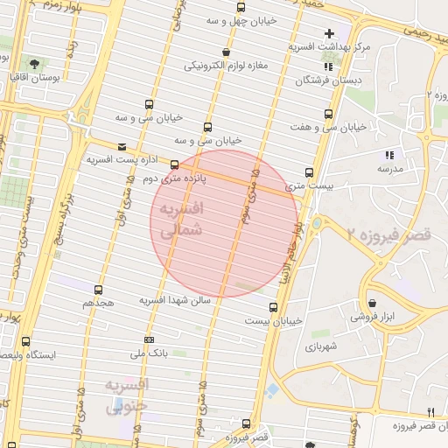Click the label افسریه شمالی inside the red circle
point(184,220)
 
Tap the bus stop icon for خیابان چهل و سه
point(241,7)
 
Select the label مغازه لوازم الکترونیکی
point(222,66)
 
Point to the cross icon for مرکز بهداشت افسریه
point(329,33)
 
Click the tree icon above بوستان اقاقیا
point(34,64)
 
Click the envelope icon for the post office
point(121,147)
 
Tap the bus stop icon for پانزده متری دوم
point(174,164)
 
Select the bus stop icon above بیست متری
point(309,172)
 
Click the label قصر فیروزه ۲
point(388,235)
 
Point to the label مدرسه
point(390,167)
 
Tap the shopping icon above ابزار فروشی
point(372,303)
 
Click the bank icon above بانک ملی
point(149,339)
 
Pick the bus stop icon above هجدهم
point(98,289)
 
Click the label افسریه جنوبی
point(128,395)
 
